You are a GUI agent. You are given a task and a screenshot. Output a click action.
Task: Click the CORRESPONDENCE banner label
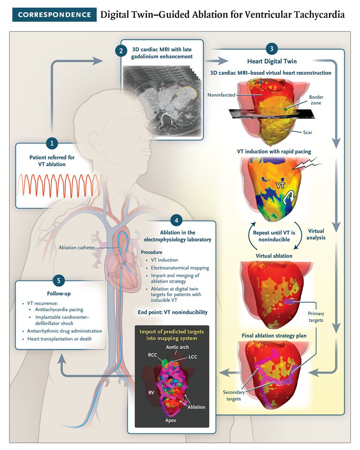55,15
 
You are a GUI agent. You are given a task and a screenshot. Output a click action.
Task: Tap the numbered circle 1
52,143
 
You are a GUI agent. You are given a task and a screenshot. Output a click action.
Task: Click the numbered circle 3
272,48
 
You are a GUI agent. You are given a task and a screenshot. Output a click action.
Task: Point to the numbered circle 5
59,280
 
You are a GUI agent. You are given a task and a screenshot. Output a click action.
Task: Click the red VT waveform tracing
58,186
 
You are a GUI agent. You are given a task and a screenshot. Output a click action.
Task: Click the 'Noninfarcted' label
222,95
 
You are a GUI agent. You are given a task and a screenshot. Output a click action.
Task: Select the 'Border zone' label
316,100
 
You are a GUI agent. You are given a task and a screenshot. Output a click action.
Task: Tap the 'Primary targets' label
316,316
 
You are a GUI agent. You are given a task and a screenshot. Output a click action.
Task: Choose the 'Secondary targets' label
234,395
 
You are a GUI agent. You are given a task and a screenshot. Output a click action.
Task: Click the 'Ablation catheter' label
76,247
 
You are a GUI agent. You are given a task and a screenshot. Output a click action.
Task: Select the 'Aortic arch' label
177,347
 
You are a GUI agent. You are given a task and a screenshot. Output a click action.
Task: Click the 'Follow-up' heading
59,294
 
